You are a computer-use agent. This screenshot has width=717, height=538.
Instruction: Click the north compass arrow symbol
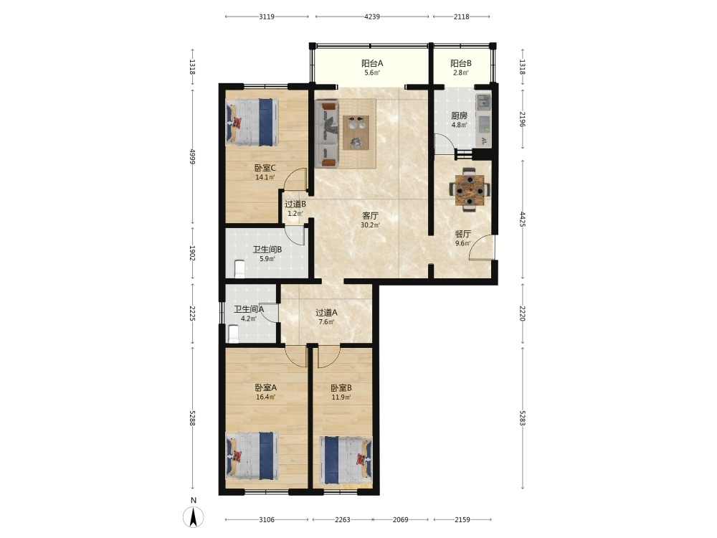click(x=194, y=517)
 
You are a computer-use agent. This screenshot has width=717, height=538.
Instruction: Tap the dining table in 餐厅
click(x=470, y=189)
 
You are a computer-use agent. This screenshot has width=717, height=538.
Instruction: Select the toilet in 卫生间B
click(x=239, y=269)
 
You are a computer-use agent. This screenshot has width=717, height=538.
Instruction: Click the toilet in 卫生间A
click(x=233, y=334)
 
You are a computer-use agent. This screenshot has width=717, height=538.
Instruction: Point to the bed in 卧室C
click(x=252, y=123)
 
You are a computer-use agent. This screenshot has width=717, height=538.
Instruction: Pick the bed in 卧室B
click(x=346, y=461)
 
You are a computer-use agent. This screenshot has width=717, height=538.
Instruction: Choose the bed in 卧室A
click(x=252, y=456)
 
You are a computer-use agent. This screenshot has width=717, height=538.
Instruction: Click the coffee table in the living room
click(x=356, y=132)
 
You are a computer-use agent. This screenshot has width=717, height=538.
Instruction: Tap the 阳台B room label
click(x=461, y=64)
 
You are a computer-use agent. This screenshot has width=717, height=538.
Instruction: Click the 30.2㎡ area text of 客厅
click(x=371, y=225)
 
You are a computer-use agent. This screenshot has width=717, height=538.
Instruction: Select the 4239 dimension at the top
click(x=371, y=17)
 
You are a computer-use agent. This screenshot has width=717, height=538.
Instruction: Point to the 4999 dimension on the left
click(x=192, y=156)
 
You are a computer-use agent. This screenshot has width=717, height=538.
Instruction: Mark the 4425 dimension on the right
click(x=523, y=219)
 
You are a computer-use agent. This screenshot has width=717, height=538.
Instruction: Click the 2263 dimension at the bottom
click(x=343, y=519)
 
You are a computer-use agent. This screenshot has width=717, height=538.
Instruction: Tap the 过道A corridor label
click(x=326, y=313)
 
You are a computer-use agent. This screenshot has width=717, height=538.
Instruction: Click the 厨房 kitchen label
click(x=459, y=115)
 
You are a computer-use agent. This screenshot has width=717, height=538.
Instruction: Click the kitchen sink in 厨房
click(x=483, y=103)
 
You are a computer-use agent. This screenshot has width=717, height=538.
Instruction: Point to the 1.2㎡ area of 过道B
click(x=295, y=214)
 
